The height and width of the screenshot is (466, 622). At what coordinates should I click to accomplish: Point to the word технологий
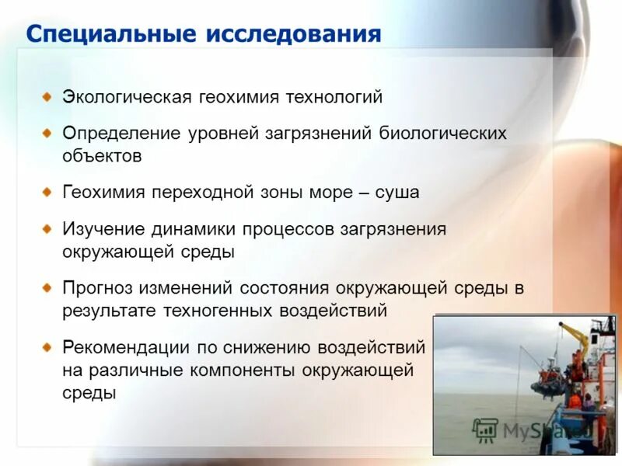[x=335, y=98]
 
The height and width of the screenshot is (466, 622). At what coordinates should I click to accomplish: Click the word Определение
[x=121, y=134]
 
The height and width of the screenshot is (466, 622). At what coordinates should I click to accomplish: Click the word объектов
[x=103, y=155]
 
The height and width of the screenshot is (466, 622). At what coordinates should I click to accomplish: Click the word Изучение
[x=103, y=230]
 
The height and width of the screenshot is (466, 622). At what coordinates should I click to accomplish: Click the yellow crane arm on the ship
[x=575, y=335]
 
